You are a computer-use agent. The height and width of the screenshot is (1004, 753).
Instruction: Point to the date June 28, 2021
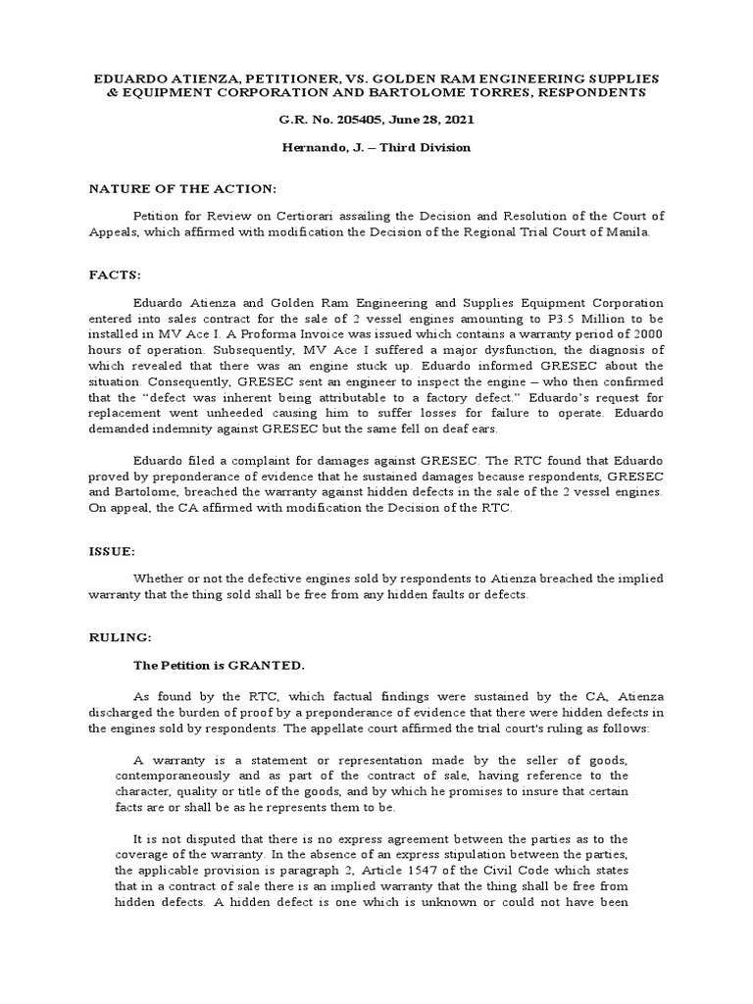point(427,120)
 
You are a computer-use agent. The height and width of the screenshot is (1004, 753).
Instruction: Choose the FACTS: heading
point(119,277)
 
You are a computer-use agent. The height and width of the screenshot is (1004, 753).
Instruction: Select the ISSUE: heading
point(117,553)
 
